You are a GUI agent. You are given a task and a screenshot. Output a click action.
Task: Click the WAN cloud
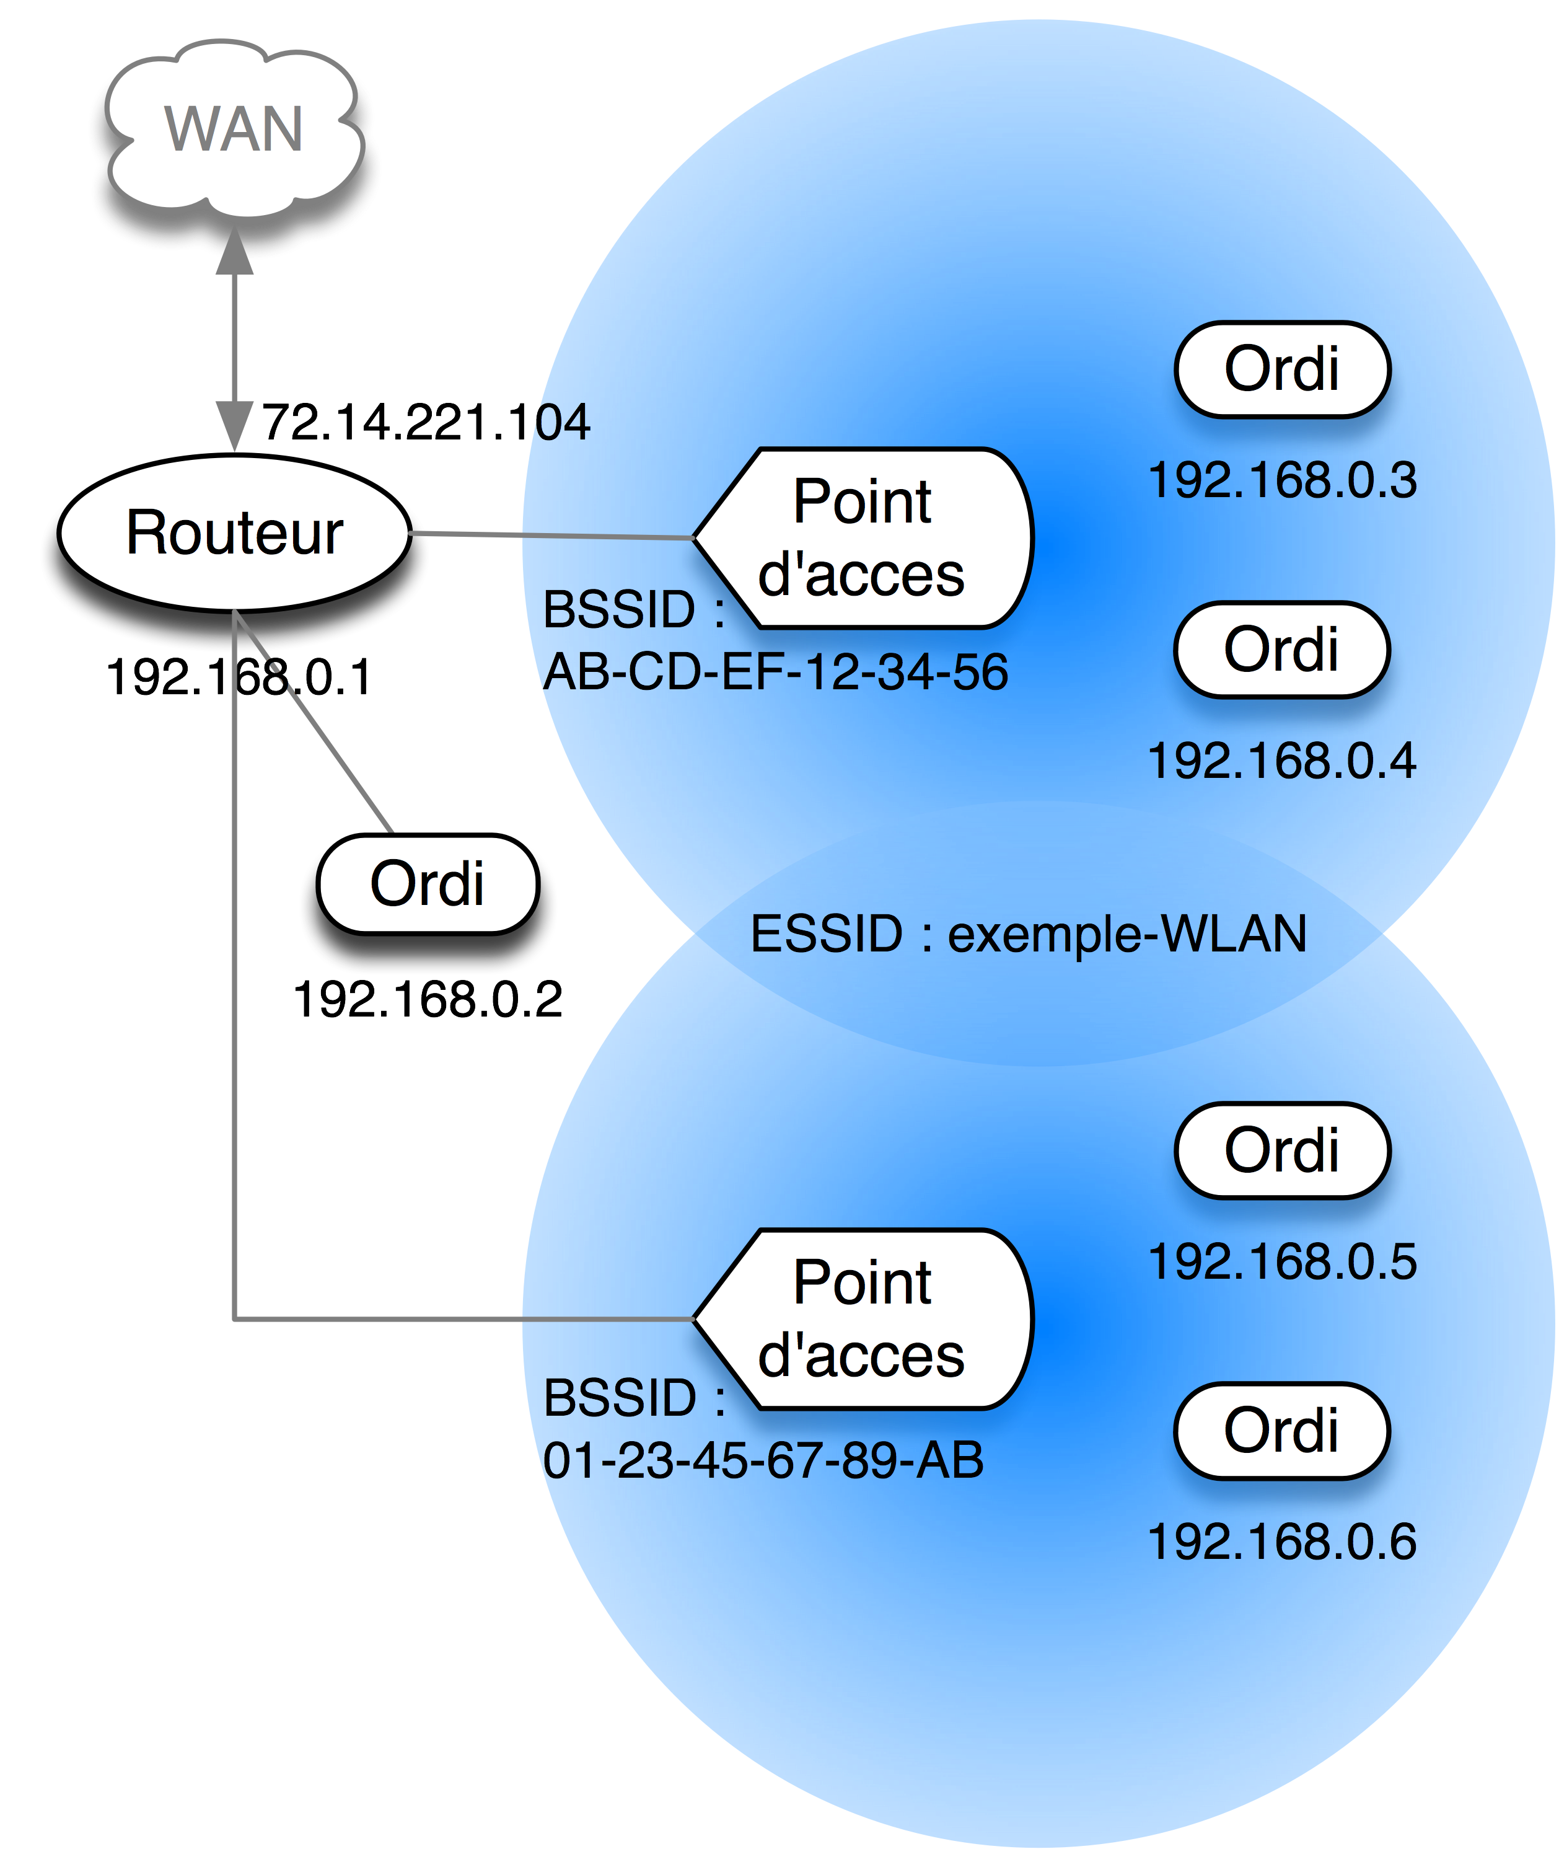tap(234, 141)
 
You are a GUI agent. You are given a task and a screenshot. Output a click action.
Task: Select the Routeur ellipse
tap(234, 533)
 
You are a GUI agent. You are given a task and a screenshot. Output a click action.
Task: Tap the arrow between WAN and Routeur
tap(234, 353)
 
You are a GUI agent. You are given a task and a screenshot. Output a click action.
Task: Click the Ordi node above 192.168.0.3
tap(1281, 369)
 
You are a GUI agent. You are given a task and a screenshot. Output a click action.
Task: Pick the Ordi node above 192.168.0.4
tap(1281, 650)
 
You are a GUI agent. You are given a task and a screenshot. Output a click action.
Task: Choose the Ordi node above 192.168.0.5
tap(1281, 1150)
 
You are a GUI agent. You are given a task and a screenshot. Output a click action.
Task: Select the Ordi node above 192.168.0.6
tap(1281, 1430)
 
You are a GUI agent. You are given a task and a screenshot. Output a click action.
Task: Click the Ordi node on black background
tap(428, 884)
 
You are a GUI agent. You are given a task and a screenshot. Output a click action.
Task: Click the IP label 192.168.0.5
tap(1281, 1261)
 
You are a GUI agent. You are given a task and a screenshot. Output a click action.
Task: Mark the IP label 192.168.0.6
tap(1281, 1542)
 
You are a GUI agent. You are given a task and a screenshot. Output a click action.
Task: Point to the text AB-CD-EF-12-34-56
tap(775, 673)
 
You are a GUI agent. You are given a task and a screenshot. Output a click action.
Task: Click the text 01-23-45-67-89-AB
tap(763, 1460)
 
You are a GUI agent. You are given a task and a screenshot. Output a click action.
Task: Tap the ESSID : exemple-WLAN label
tap(1028, 934)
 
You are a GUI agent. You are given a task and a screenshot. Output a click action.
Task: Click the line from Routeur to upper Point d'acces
tap(548, 535)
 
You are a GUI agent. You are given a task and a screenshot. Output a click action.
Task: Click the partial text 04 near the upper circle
tap(564, 423)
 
